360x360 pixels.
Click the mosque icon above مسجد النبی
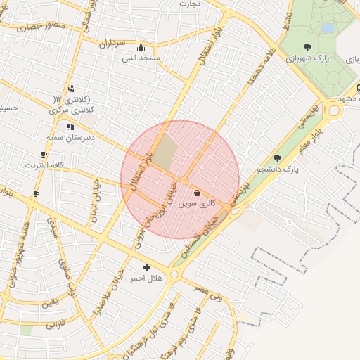(x=142, y=48)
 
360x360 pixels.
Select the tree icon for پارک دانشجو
(x=277, y=159)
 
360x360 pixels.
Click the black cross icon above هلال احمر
(x=146, y=267)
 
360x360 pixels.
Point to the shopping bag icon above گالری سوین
(x=197, y=193)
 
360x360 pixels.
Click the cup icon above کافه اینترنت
(x=44, y=154)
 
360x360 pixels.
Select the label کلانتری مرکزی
(x=72, y=110)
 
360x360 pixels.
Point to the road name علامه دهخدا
(x=259, y=67)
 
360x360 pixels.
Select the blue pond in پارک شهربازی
(x=328, y=28)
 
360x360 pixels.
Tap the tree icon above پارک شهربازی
(x=307, y=46)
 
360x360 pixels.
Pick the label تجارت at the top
(x=210, y=4)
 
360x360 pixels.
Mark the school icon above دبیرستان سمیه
(x=70, y=127)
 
